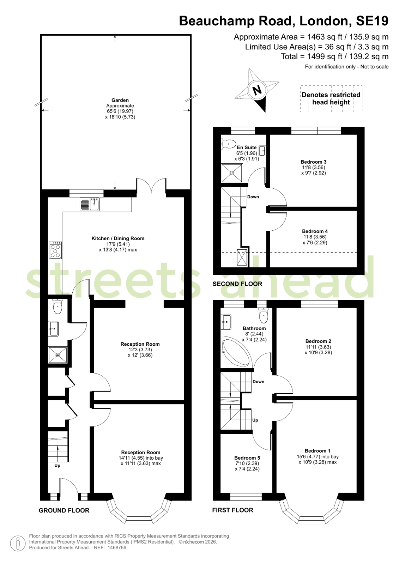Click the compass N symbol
tap(257, 90)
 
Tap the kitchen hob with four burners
tap(55, 250)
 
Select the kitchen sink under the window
tap(90, 204)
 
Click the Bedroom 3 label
tap(313, 162)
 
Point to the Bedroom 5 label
tap(247, 458)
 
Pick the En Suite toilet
tap(228, 144)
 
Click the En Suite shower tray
tap(232, 173)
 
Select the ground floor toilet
tap(58, 306)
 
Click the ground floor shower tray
tap(58, 355)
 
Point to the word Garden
tap(120, 100)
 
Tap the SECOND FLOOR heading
tap(237, 284)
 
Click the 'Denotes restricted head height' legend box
tap(331, 99)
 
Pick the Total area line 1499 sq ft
tap(335, 56)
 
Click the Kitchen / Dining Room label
tap(118, 238)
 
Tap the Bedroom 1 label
tap(318, 451)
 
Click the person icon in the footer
tap(18, 544)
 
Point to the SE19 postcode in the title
tap(372, 21)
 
